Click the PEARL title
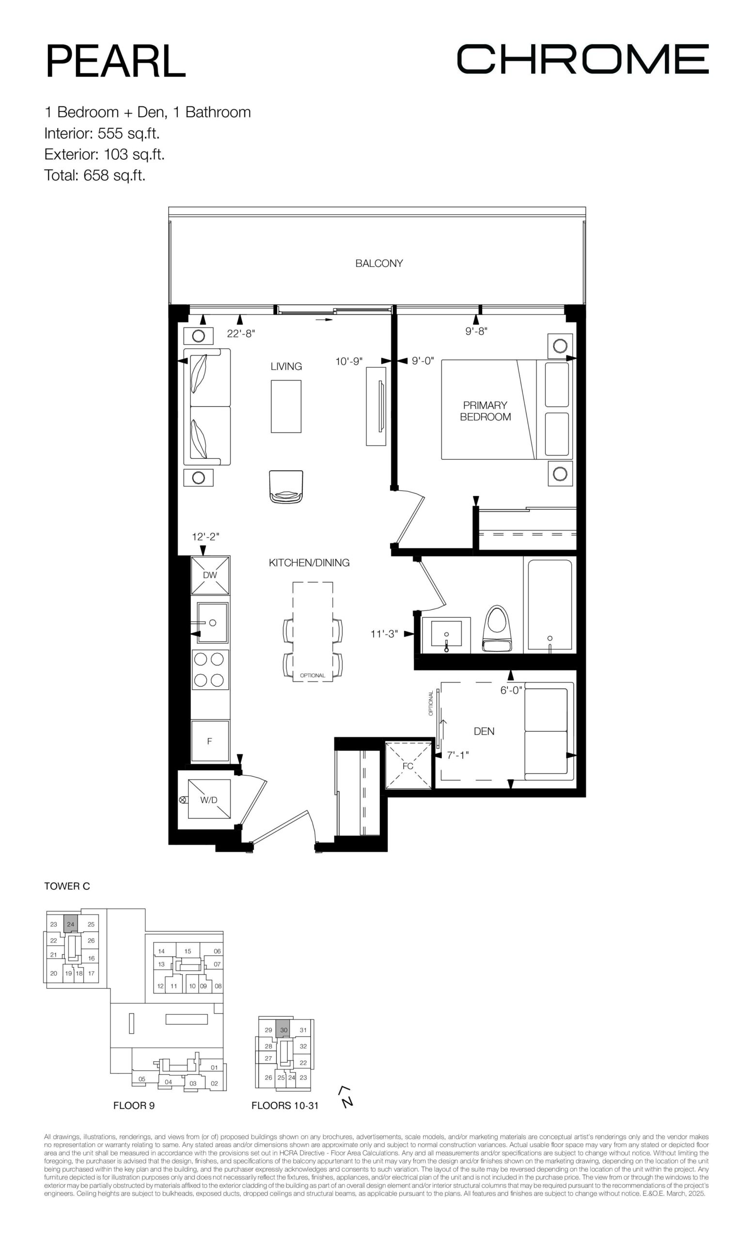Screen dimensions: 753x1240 coord(115,62)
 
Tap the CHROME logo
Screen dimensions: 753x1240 coord(582,59)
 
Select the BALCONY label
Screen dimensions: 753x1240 coord(379,263)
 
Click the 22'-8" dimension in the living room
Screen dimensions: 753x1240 coord(241,333)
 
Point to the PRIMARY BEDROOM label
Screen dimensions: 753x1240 coord(485,411)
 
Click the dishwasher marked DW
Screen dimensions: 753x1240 coord(210,575)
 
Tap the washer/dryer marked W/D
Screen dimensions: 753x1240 coord(209,799)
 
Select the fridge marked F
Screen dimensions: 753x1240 coord(210,741)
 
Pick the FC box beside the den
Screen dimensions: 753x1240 coord(408,765)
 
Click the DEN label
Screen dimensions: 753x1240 coord(484,731)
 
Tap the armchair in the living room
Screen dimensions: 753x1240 coord(286,487)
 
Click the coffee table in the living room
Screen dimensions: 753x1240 coord(286,406)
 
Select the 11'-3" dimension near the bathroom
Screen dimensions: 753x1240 coord(384,634)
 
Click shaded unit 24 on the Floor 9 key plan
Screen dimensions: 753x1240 coord(70,924)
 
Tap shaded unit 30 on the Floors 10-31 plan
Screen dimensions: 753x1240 coord(283,1030)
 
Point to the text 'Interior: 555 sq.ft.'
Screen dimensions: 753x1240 coord(102,133)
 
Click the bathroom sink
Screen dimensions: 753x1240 coord(446,635)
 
